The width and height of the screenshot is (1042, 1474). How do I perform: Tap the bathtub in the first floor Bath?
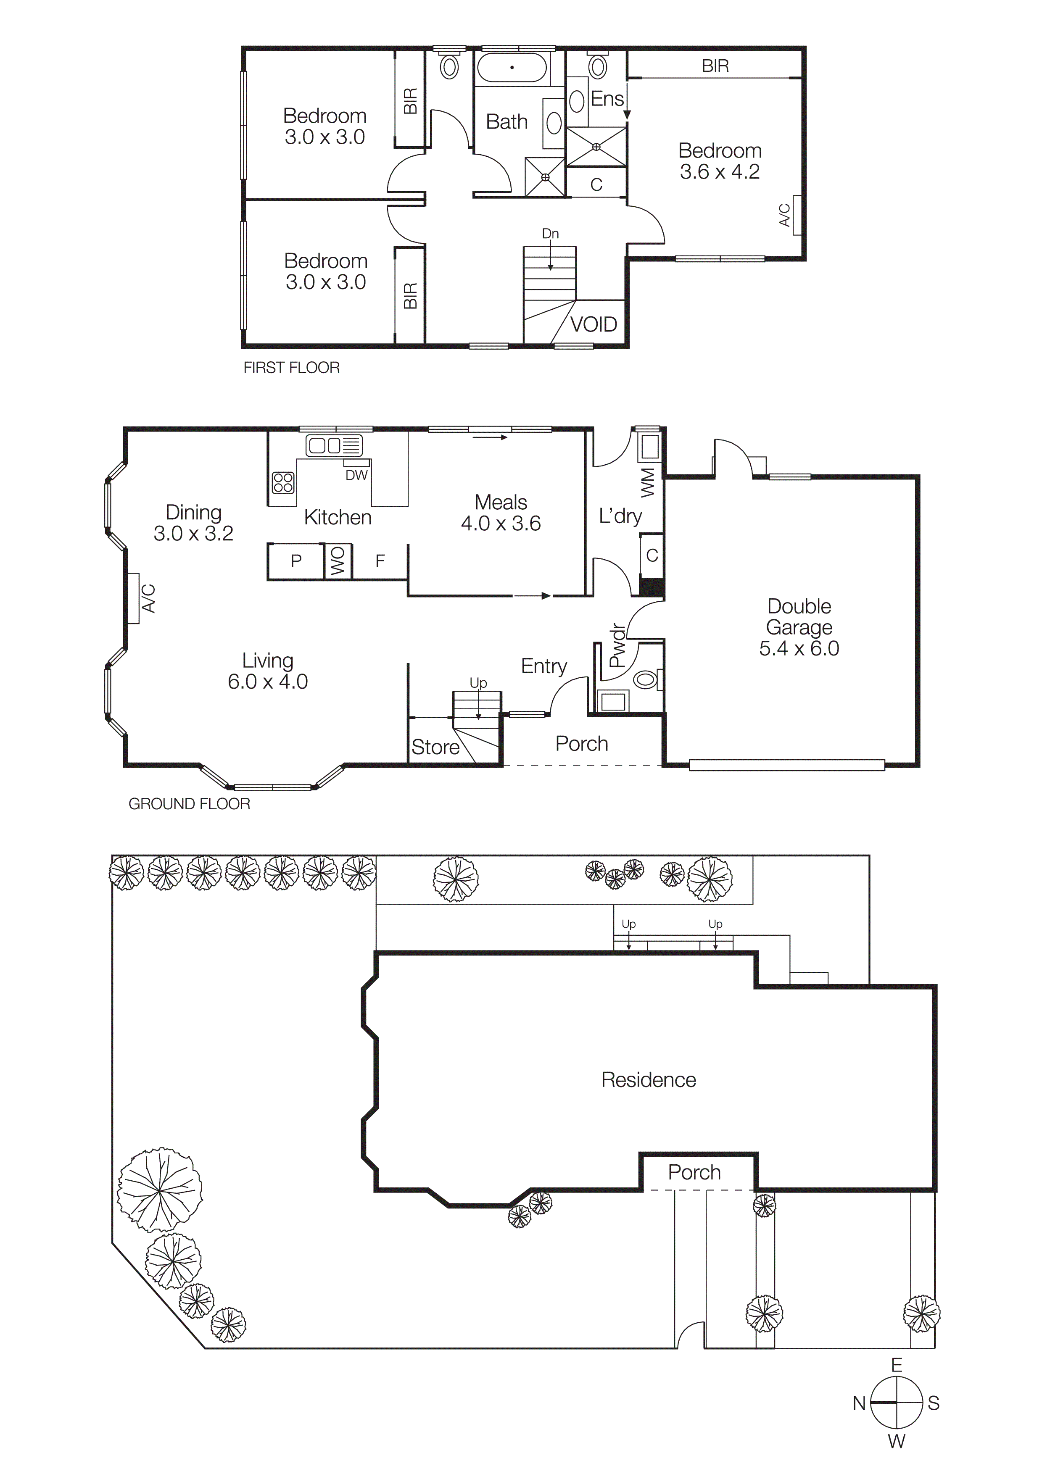click(512, 67)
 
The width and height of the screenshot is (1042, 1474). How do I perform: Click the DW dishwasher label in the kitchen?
click(356, 475)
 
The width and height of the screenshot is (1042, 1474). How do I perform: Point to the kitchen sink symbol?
click(334, 445)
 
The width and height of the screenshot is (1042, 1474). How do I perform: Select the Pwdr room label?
click(616, 645)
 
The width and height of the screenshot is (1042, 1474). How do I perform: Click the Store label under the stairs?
click(435, 747)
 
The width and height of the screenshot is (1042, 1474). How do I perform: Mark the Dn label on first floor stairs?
click(550, 234)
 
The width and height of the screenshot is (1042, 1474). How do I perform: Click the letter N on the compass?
click(859, 1403)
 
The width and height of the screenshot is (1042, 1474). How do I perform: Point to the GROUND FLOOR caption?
click(190, 804)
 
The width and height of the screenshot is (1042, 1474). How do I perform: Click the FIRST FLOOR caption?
click(291, 368)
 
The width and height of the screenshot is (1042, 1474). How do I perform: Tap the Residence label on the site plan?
click(649, 1080)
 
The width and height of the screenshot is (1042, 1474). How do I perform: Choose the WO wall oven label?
click(338, 561)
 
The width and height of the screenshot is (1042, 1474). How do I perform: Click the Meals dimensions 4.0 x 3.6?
click(501, 523)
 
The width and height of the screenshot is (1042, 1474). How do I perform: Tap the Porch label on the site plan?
click(694, 1172)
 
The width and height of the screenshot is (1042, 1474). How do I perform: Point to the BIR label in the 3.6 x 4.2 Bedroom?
click(715, 66)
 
